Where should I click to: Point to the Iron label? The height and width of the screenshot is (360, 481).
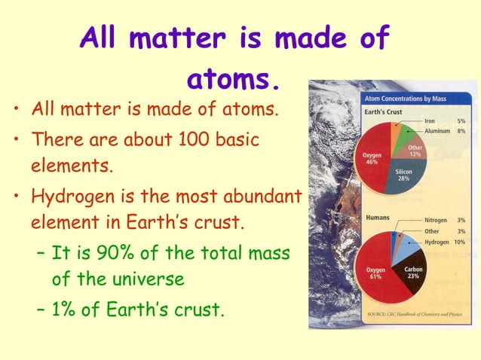[429, 120]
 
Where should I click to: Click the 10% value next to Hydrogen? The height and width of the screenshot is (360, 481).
[460, 242]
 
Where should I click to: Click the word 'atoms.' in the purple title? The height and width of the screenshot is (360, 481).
[234, 78]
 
